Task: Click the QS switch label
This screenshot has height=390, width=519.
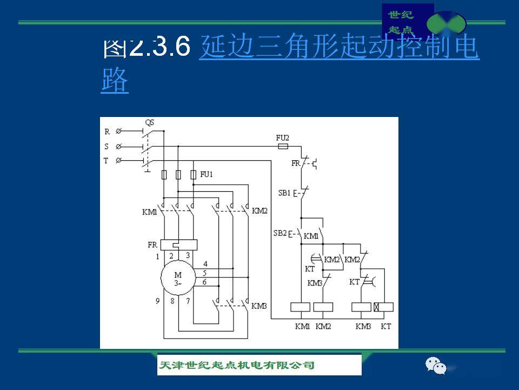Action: [150, 123]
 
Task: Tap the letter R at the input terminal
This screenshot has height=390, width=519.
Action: [107, 132]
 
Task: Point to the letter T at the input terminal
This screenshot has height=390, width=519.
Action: [107, 160]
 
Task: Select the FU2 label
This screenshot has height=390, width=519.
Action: [283, 138]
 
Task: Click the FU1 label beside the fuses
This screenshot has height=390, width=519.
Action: [207, 174]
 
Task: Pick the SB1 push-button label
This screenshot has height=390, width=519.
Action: [284, 193]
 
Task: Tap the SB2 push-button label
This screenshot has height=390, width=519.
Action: [280, 233]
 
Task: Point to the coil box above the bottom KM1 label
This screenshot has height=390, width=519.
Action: [301, 307]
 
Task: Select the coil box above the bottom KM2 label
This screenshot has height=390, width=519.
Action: [323, 307]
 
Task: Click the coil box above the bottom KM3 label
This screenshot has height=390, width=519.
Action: [361, 307]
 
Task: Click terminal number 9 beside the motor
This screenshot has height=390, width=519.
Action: [158, 301]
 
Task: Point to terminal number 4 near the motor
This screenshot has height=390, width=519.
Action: [205, 263]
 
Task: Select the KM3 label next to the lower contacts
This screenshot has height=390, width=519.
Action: [259, 306]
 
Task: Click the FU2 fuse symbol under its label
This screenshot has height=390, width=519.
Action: [282, 146]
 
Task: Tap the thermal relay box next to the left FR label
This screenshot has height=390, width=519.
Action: [179, 245]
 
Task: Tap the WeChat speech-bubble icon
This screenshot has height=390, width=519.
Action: [436, 366]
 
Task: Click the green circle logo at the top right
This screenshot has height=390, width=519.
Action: [446, 24]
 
